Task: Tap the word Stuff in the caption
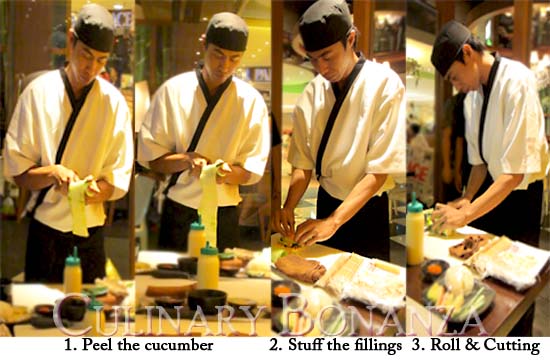304,345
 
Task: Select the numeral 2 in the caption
274,345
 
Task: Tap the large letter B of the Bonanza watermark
296,314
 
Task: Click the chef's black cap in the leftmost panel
94,28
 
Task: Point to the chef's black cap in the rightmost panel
449,46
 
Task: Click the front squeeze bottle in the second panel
208,266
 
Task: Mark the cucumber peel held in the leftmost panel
79,207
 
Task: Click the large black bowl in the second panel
207,301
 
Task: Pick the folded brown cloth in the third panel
300,268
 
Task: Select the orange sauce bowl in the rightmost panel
435,270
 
